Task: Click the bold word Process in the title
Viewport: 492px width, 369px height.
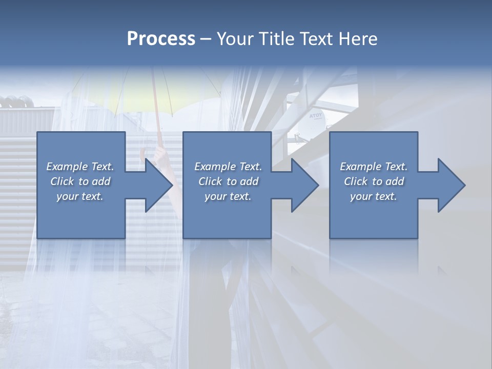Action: pos(161,39)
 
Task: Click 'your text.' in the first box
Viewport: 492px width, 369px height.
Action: pos(80,196)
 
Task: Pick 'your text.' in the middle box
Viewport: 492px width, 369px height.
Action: pos(228,196)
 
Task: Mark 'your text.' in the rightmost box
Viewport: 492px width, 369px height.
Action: pos(373,196)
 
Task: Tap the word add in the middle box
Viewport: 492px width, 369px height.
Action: pos(249,181)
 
